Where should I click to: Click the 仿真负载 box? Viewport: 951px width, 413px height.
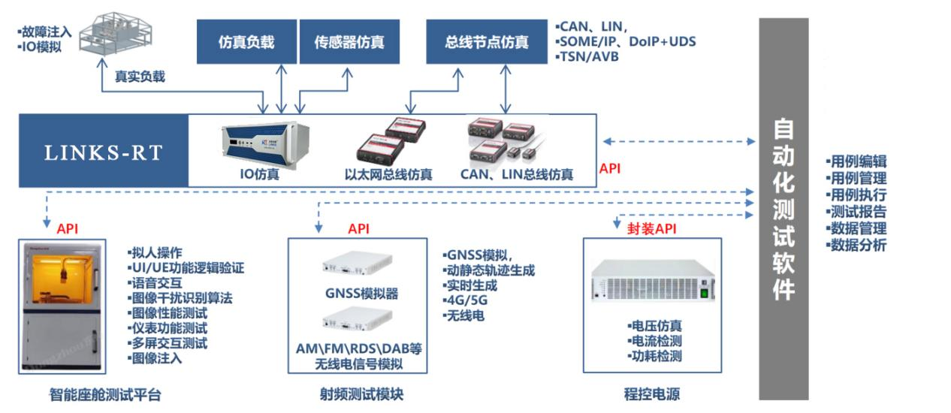(246, 42)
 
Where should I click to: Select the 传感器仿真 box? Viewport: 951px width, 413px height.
(349, 42)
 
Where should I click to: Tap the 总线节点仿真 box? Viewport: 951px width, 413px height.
(487, 42)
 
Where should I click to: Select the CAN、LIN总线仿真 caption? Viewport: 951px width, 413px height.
(517, 175)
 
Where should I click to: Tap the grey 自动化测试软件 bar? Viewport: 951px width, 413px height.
(783, 209)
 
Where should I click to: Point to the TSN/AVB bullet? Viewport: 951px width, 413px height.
(587, 56)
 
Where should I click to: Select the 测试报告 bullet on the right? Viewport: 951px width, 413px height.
(856, 212)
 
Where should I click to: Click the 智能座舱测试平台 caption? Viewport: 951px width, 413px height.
(104, 394)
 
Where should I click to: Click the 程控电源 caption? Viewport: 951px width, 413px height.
(651, 394)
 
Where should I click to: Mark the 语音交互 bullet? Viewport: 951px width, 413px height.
(158, 282)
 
